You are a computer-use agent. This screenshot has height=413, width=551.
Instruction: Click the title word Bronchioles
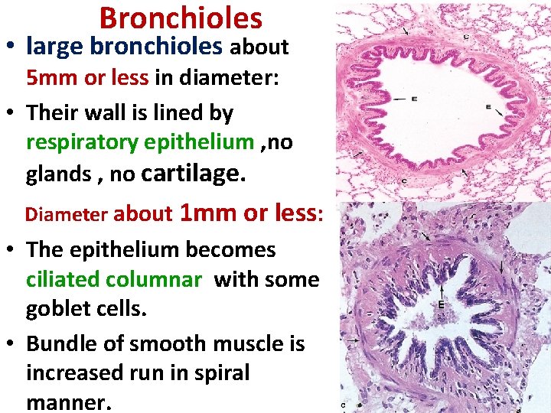pyautogui.click(x=181, y=18)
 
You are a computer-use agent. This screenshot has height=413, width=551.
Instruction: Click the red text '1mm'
pyautogui.click(x=208, y=213)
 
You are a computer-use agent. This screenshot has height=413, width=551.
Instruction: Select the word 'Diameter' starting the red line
pyautogui.click(x=67, y=214)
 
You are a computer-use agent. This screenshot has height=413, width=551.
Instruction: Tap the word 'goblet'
pyautogui.click(x=57, y=309)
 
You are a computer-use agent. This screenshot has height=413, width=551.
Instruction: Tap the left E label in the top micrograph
pyautogui.click(x=414, y=99)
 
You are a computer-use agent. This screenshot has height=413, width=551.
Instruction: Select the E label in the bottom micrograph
pyautogui.click(x=442, y=304)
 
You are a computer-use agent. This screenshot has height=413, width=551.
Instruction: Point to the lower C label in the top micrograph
pyautogui.click(x=404, y=181)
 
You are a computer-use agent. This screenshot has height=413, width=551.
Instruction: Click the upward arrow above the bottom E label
pyautogui.click(x=442, y=290)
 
